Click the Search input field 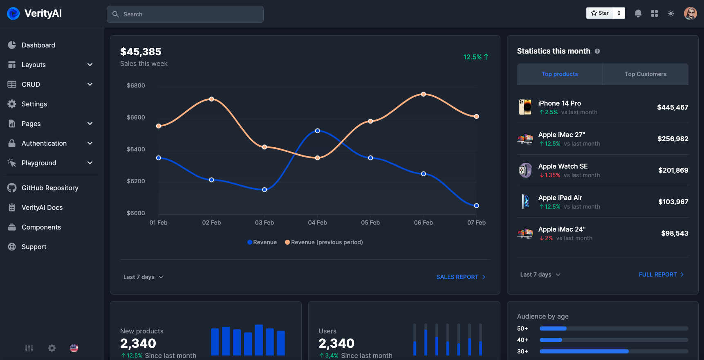tap(185, 14)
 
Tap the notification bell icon tap(638, 13)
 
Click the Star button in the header tap(600, 13)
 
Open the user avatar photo tap(690, 13)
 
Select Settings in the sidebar tap(34, 104)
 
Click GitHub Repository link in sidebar tap(50, 188)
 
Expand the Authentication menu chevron tap(90, 143)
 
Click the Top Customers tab tap(645, 74)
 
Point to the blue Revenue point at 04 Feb tap(318, 131)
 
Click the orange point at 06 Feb tap(424, 94)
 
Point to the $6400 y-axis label tap(136, 149)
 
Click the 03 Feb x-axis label tap(265, 223)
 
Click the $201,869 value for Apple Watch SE tap(673, 170)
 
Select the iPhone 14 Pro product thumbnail tap(525, 107)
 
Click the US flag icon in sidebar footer tap(74, 348)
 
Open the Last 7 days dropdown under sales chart tap(143, 277)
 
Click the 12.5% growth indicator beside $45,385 tap(475, 57)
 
